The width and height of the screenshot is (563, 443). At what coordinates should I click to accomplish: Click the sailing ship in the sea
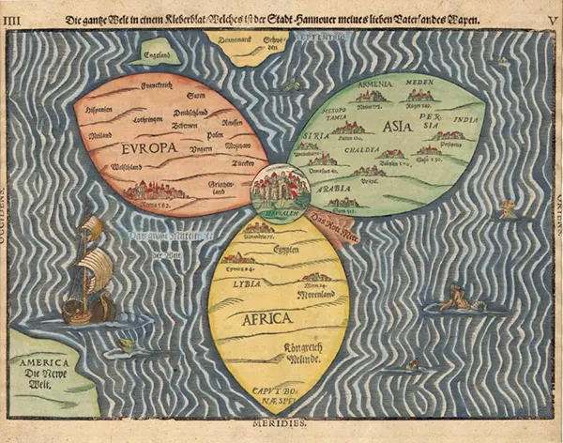(x=89, y=272)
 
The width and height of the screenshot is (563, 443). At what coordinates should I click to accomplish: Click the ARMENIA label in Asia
(x=373, y=83)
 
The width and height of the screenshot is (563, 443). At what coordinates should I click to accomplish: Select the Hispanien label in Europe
(x=100, y=108)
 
